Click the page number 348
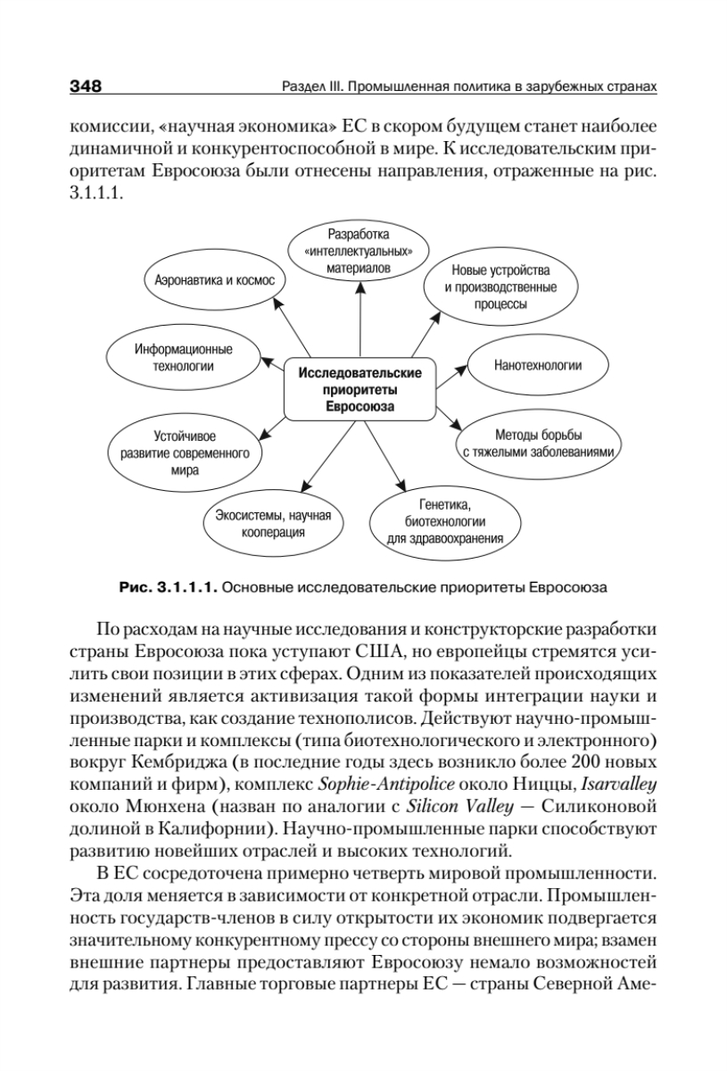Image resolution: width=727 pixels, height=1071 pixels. click(85, 87)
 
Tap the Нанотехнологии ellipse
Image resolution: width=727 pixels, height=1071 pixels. click(538, 366)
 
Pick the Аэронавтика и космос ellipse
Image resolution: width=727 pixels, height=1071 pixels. click(213, 280)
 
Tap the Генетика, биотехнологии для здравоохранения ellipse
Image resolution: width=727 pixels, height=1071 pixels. click(445, 523)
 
